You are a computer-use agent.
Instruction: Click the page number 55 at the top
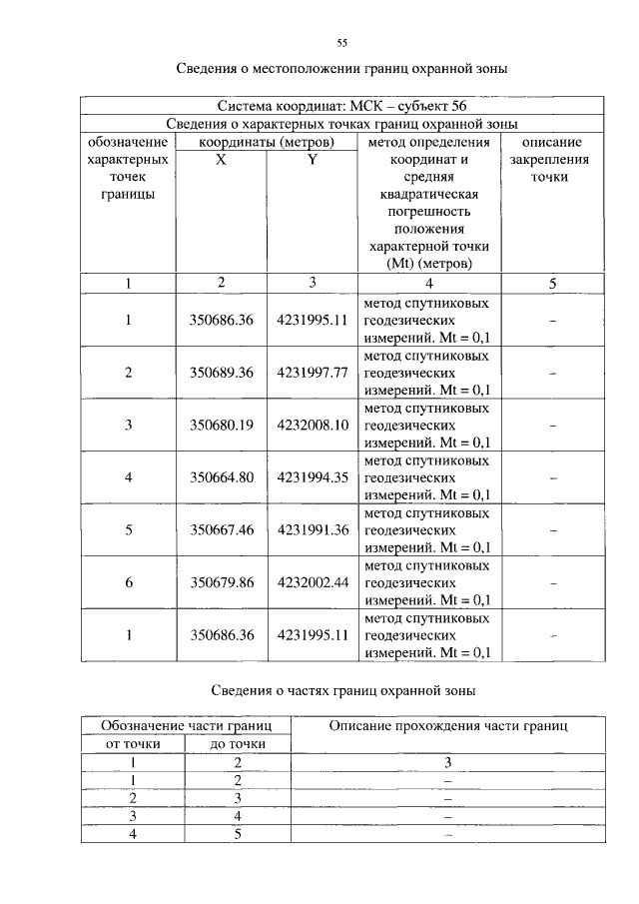341,43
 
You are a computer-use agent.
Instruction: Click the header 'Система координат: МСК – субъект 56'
341,105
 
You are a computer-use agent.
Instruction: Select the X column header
221,160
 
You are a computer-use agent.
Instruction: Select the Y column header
312,160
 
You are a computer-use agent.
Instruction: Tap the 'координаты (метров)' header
266,142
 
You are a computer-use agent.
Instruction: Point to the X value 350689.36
221,373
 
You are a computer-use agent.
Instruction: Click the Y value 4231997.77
312,373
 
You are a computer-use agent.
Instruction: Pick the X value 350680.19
221,425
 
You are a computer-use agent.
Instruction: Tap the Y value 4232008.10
312,425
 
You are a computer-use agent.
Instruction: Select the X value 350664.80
221,477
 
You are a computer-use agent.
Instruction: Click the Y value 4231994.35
312,477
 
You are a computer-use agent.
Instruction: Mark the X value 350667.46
221,530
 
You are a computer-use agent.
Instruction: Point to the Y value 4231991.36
312,530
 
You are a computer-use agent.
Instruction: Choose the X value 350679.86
221,582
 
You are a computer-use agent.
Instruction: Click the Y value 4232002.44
312,582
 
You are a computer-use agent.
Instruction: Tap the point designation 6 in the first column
129,582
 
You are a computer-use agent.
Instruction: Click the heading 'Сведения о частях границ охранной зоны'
342,690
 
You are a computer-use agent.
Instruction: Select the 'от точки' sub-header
131,744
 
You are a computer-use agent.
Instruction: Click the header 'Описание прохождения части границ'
447,726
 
